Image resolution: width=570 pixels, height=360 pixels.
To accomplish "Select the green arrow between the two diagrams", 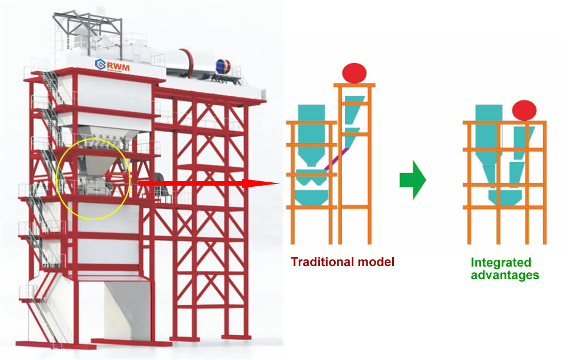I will coord(413,180).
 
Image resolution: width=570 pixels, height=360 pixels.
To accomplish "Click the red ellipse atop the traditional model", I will coord(354,73).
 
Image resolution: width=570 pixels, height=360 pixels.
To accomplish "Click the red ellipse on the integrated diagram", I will coord(524,109).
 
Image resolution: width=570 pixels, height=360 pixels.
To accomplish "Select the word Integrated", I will coord(501,263).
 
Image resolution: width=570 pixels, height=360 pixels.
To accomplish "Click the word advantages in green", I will coord(505,275).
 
